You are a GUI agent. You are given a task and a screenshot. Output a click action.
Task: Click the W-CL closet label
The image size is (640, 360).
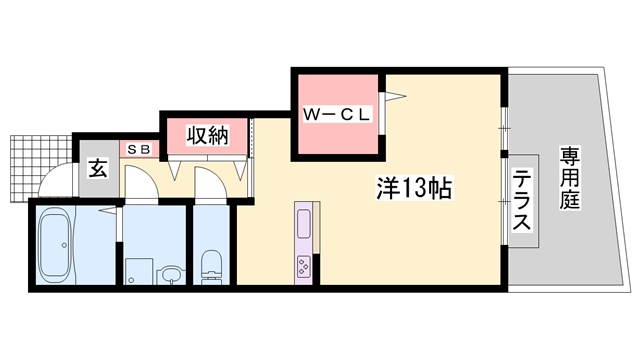pos(337,115)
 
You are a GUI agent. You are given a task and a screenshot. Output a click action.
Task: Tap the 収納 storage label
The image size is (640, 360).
pos(205,134)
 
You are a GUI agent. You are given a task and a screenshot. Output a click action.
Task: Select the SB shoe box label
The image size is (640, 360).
pos(140,149)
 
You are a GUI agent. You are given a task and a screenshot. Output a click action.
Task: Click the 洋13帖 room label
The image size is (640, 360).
pos(412,187)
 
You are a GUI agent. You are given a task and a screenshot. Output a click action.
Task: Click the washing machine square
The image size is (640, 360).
pos(138,271)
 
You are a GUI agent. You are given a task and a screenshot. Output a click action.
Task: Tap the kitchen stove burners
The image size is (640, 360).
pos(303,265)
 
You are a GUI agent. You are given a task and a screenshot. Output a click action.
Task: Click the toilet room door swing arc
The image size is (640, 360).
pos(212,183)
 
